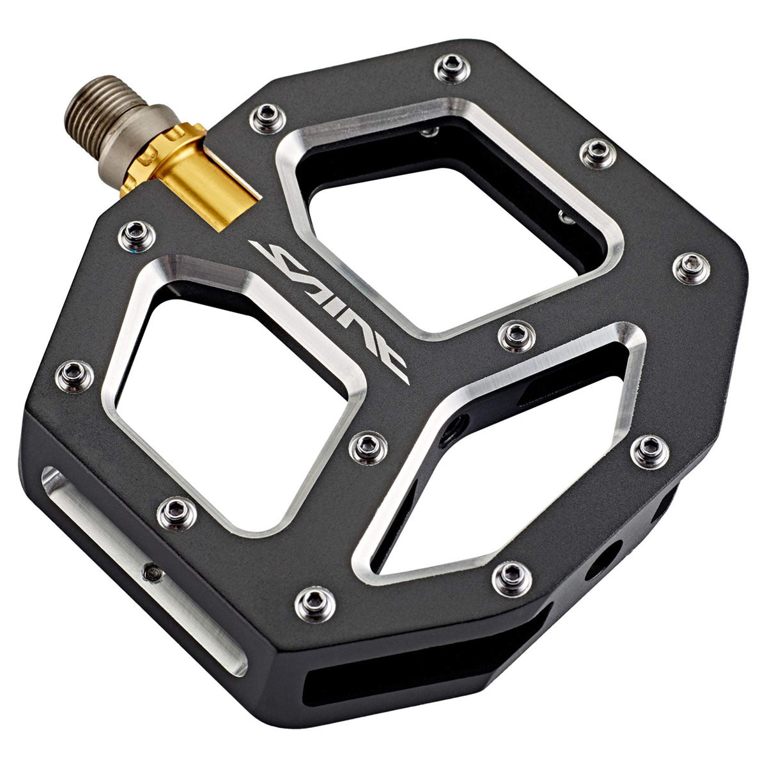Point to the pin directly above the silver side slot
(x=173, y=509)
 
